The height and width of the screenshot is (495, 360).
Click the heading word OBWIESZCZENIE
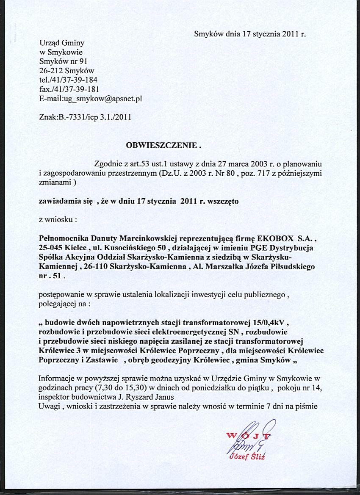tap(162, 145)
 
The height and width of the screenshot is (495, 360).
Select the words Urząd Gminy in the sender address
tap(62, 43)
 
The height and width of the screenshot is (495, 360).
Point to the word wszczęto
tap(223, 202)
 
